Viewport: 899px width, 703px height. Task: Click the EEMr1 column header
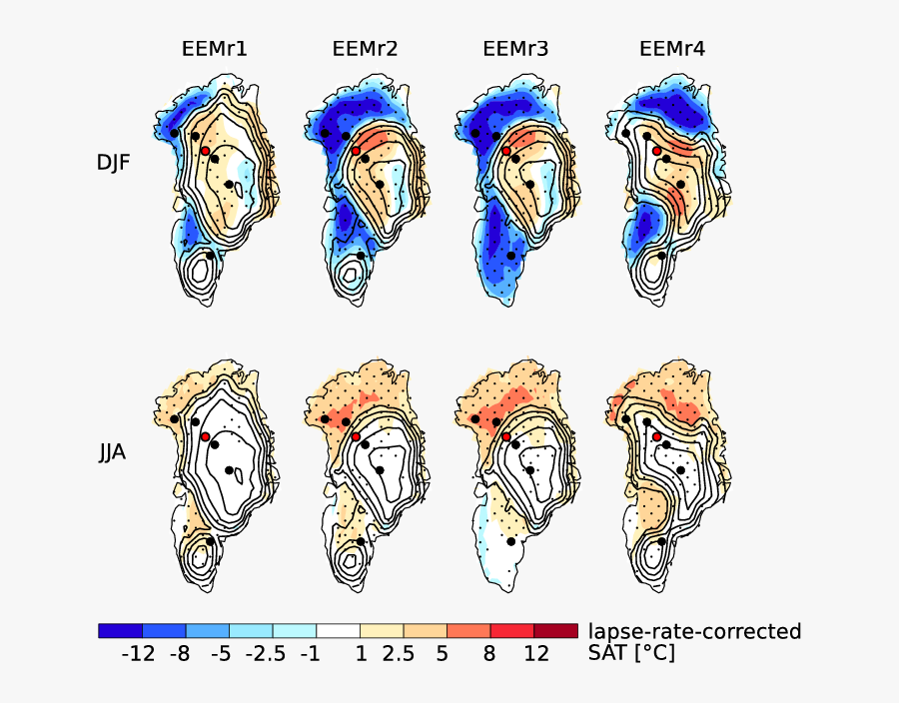pyautogui.click(x=215, y=49)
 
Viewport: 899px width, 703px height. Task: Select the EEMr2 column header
pyautogui.click(x=365, y=49)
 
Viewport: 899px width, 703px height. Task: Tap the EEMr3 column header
pyautogui.click(x=515, y=49)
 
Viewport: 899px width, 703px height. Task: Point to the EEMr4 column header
pyautogui.click(x=672, y=49)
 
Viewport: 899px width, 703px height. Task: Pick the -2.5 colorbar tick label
pyautogui.click(x=267, y=655)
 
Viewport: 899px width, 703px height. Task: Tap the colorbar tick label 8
pyautogui.click(x=489, y=655)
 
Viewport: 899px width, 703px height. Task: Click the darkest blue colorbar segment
pyautogui.click(x=120, y=630)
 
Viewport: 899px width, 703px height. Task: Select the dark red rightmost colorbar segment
pyautogui.click(x=555, y=630)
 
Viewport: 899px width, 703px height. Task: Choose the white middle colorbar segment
pyautogui.click(x=339, y=630)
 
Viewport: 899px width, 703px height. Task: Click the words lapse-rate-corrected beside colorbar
pyautogui.click(x=694, y=631)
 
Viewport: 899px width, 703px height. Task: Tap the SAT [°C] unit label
pyautogui.click(x=631, y=654)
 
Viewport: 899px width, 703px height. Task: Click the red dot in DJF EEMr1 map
pyautogui.click(x=205, y=151)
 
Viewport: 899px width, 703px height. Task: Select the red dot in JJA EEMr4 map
pyautogui.click(x=657, y=437)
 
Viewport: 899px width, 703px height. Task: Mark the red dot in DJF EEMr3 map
pyautogui.click(x=506, y=151)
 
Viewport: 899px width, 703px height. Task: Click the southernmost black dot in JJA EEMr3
pyautogui.click(x=510, y=541)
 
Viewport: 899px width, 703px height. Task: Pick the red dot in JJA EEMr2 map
pyautogui.click(x=356, y=436)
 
